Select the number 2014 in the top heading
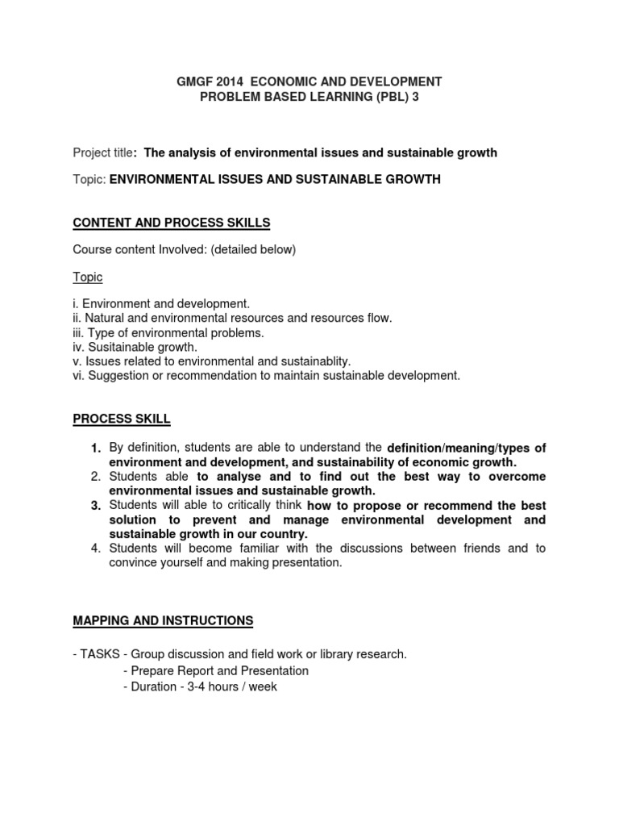click(233, 81)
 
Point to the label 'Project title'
click(102, 152)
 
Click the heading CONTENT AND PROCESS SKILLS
click(172, 223)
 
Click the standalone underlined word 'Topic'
click(88, 277)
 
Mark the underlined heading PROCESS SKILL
click(122, 419)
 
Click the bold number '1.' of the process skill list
click(95, 448)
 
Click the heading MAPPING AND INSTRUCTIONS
click(163, 620)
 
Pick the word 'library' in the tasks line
click(328, 655)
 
